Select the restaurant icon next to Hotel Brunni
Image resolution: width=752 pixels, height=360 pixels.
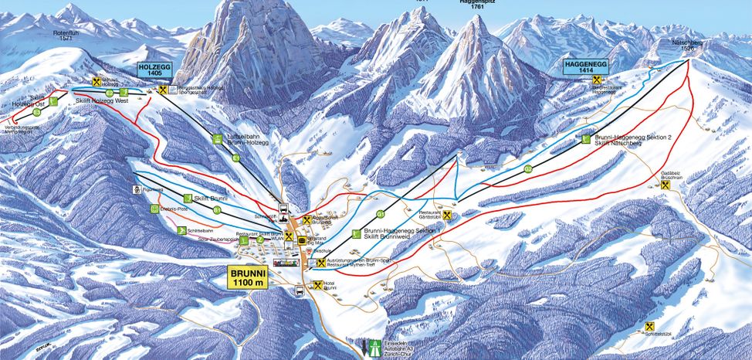click(x=318, y=286)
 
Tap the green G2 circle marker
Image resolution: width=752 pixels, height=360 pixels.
click(x=527, y=168)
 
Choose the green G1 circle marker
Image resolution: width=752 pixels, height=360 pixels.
click(x=380, y=214)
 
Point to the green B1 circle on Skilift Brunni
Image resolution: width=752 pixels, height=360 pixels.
click(x=218, y=209)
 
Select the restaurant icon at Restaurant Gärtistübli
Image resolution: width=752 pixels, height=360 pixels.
click(x=447, y=216)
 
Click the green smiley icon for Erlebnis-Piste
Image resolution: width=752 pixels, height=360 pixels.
click(x=154, y=209)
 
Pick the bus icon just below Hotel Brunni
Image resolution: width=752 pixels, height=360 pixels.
click(x=300, y=291)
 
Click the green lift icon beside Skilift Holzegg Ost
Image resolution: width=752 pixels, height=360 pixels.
click(x=53, y=100)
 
